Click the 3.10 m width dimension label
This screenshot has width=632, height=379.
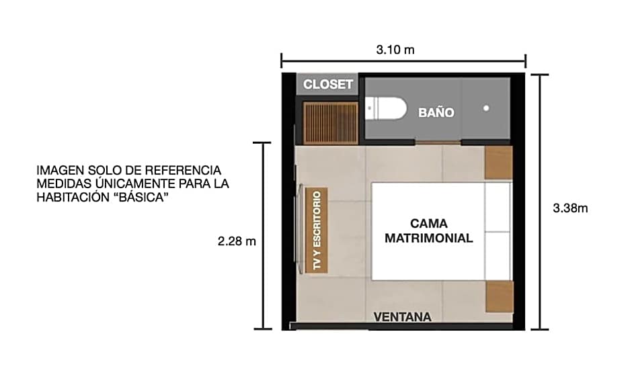[395, 50]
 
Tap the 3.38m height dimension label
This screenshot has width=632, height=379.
[570, 208]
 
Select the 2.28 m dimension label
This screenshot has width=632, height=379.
[237, 241]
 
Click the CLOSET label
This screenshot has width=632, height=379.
[328, 84]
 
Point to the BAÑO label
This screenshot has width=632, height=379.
[436, 112]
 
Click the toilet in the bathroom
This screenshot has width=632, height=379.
[386, 108]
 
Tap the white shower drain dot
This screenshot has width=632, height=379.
[486, 108]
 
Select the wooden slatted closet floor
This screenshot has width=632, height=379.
[331, 123]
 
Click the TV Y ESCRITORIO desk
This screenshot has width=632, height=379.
[317, 230]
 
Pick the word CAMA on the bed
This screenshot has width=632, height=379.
[428, 224]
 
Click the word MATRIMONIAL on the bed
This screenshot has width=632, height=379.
[428, 238]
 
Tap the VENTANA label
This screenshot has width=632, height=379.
[402, 317]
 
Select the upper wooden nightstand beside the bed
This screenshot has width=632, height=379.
[498, 163]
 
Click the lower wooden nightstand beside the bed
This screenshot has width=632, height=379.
[500, 297]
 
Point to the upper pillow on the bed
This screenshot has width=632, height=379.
[498, 207]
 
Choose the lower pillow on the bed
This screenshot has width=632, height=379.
[498, 255]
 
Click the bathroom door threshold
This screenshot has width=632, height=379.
[438, 142]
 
